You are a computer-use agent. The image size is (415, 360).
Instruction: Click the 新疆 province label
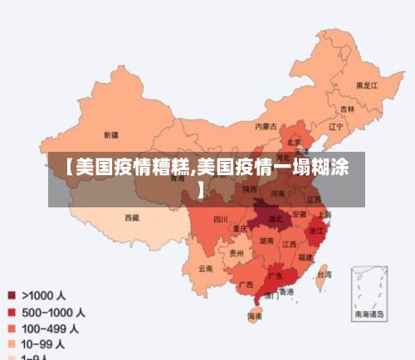pyautogui.click(x=110, y=134)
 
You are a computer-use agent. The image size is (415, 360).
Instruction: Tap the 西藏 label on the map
pyautogui.click(x=132, y=217)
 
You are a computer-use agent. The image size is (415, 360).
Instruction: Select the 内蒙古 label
pyautogui.click(x=266, y=127)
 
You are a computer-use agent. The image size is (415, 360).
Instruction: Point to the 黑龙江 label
pyautogui.click(x=366, y=85)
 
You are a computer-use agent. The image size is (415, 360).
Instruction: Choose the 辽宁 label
pyautogui.click(x=335, y=127)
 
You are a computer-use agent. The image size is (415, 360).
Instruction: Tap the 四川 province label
pyautogui.click(x=220, y=220)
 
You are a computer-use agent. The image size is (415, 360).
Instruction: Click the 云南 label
pyautogui.click(x=205, y=268)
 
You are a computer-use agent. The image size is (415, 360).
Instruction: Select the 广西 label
pyautogui.click(x=246, y=285)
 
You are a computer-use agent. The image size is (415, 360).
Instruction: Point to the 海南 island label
pyautogui.click(x=256, y=316)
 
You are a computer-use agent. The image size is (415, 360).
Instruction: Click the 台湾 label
pyautogui.click(x=325, y=274)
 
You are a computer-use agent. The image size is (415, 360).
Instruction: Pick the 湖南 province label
pyautogui.click(x=266, y=241)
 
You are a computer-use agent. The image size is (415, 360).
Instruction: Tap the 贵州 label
pyautogui.click(x=237, y=254)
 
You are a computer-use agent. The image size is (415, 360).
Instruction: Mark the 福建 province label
pyautogui.click(x=306, y=258)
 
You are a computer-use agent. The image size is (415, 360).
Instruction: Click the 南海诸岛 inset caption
pyautogui.click(x=369, y=314)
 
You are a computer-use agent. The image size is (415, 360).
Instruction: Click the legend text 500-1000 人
pyautogui.click(x=52, y=313)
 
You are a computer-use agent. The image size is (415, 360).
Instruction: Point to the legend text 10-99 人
pyautogui.click(x=45, y=343)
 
